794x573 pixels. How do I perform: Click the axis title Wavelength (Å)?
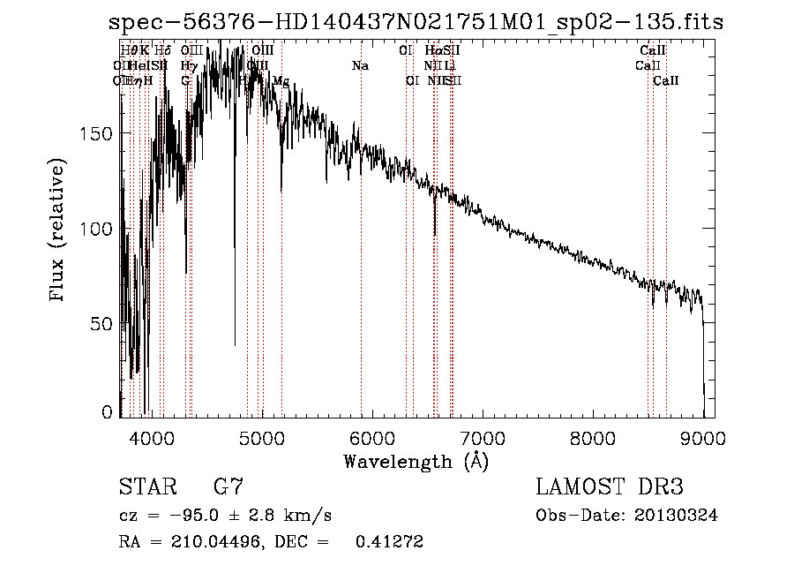coord(416,461)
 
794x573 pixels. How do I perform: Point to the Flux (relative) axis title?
coord(59,230)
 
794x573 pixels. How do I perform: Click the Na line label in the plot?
coord(360,65)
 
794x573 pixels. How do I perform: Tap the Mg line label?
coord(281,80)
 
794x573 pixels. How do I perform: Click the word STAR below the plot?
coord(147,487)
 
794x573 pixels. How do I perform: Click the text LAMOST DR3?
coord(609,487)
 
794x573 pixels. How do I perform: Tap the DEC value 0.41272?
coord(388,542)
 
